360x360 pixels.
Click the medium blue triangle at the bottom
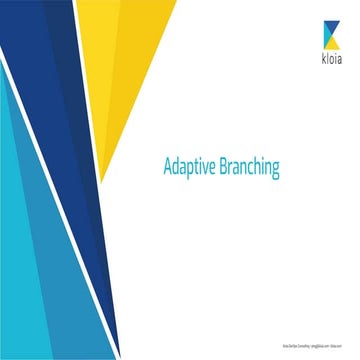tap(70, 300)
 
